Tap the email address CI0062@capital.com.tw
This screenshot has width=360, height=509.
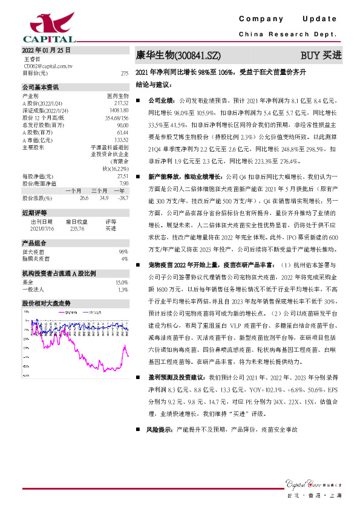(x=48, y=66)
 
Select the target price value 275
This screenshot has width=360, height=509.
(x=125, y=73)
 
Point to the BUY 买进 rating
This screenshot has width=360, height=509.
(x=321, y=55)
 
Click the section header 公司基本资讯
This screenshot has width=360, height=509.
(x=41, y=87)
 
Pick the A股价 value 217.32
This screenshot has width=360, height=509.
(x=121, y=102)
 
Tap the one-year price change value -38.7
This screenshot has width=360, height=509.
(x=122, y=198)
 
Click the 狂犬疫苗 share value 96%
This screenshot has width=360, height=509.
(x=123, y=251)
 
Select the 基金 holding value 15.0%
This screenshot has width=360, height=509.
(x=122, y=282)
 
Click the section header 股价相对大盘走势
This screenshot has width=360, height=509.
(x=46, y=302)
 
